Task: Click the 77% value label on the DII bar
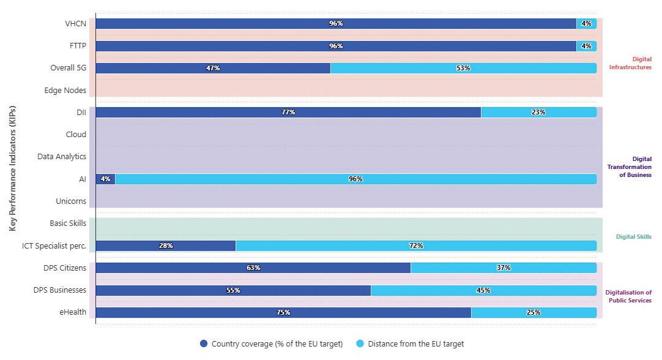point(288,112)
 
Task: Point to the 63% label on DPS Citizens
point(253,268)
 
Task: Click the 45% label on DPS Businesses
point(483,290)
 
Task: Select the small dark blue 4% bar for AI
point(105,179)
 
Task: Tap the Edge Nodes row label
point(65,91)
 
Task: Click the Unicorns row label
point(71,201)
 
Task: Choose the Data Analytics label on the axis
point(62,157)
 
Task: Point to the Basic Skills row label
point(68,223)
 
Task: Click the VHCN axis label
point(76,24)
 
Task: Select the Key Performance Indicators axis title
point(13,168)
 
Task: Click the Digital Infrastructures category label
point(630,63)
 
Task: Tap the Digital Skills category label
point(633,236)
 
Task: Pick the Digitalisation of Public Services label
point(628,296)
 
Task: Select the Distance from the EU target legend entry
point(409,343)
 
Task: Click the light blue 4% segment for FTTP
point(586,46)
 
